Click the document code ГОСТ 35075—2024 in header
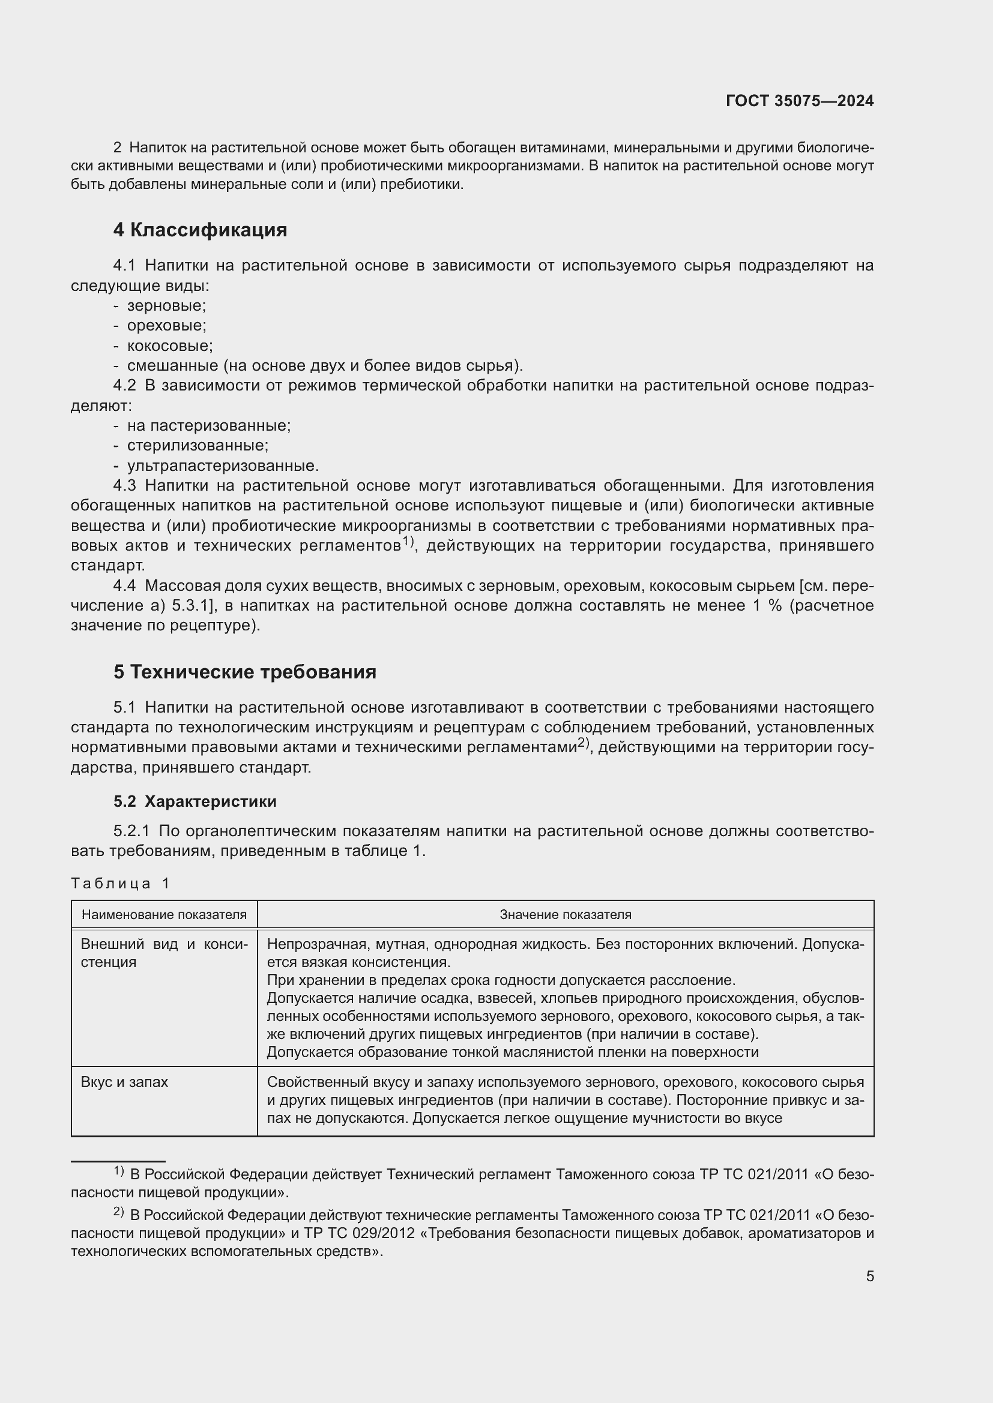coord(799,101)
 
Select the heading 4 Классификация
coord(200,230)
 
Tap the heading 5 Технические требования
coord(244,672)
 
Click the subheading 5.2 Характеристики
coord(195,801)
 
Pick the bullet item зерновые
coord(166,305)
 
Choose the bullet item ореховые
coord(166,326)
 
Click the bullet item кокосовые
coord(169,346)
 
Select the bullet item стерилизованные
coord(198,446)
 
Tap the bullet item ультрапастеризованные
coord(223,465)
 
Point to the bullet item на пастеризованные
coord(208,425)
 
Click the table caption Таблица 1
coord(120,883)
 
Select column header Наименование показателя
coord(164,915)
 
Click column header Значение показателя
coord(565,915)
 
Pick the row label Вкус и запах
coord(124,1081)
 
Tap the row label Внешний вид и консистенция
coord(164,953)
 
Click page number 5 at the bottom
coord(869,1276)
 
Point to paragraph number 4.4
coord(124,585)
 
